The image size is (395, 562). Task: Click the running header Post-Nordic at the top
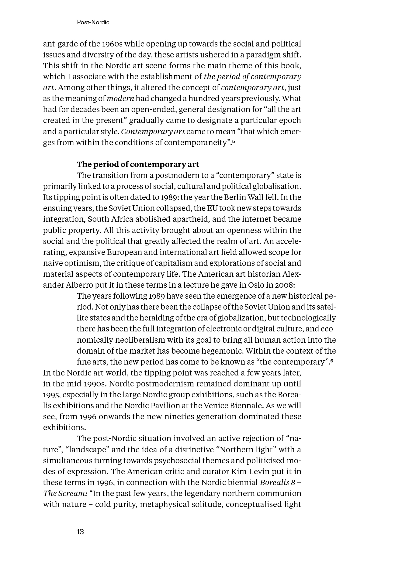tap(93, 22)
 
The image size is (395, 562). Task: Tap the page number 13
tap(80, 532)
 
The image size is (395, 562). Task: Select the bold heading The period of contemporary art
tap(138, 164)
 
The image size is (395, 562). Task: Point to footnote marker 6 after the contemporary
tap(332, 361)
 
